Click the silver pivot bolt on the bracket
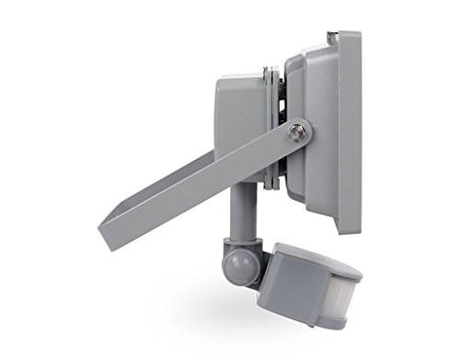tap(295, 133)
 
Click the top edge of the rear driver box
tap(241, 75)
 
